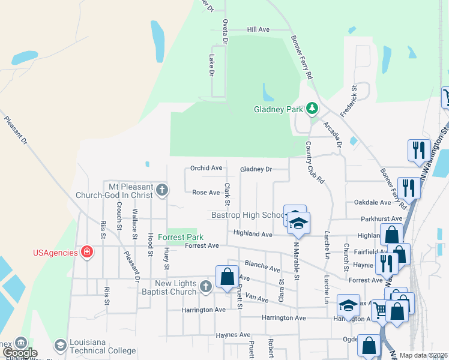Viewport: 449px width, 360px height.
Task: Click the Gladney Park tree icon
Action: [312, 109]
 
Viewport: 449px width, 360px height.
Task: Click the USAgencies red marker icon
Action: [88, 251]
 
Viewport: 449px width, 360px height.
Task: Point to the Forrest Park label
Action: [177, 237]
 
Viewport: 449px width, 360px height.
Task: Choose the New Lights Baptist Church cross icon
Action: [205, 286]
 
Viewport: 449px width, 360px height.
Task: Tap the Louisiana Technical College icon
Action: [60, 345]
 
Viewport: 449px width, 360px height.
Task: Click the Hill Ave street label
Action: [259, 29]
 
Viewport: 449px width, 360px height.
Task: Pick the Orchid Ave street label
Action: [206, 168]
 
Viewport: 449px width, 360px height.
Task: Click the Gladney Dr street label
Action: [256, 169]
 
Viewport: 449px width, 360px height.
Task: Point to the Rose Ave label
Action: [206, 193]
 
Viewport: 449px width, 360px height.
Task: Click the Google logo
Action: [20, 353]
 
